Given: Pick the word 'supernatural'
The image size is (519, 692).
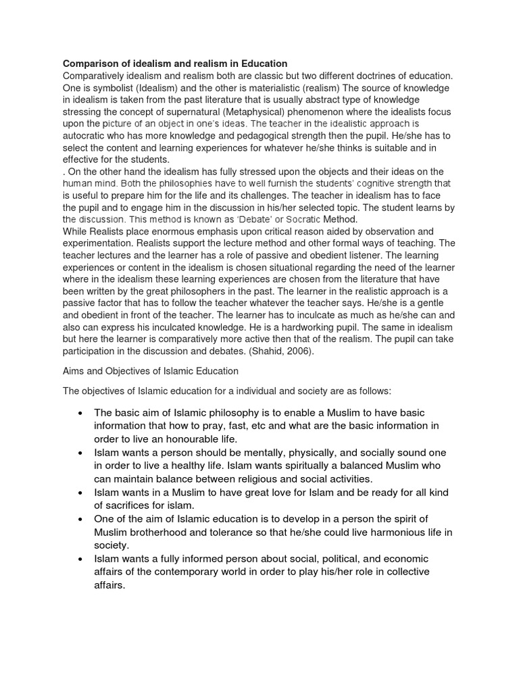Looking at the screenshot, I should (193, 112).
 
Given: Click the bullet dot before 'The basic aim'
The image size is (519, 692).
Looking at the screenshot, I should (81, 413).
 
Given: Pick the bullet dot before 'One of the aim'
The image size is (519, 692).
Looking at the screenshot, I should (81, 519).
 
